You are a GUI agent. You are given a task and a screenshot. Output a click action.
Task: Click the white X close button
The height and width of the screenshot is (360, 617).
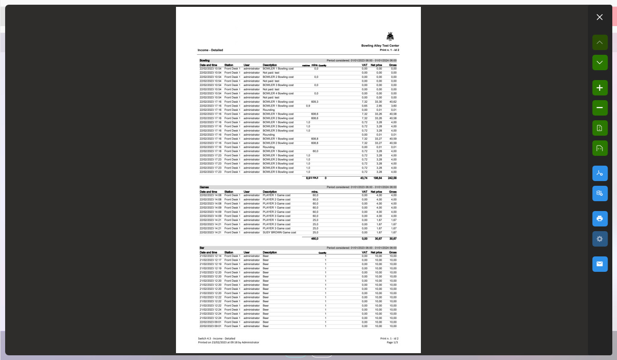click(x=599, y=17)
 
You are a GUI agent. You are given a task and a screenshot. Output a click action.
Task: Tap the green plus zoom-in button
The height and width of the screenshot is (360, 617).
click(x=599, y=88)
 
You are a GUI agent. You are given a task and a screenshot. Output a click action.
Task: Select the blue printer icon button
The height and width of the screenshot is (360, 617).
click(x=599, y=219)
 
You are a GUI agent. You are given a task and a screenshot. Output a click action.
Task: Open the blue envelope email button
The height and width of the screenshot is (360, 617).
click(x=599, y=264)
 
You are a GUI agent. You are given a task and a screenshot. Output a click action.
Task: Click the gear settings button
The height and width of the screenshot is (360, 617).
click(x=599, y=239)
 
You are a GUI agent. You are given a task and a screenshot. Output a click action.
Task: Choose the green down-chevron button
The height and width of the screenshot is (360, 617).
click(x=599, y=62)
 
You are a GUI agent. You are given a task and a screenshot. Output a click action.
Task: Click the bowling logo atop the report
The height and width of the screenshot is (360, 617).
click(x=390, y=37)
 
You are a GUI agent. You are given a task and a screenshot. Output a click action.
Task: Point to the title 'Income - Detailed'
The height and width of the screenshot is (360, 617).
click(x=210, y=50)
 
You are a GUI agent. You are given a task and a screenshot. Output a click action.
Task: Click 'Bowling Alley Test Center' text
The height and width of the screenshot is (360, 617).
click(x=380, y=45)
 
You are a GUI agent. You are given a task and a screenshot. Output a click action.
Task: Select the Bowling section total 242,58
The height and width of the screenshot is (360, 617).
click(x=392, y=178)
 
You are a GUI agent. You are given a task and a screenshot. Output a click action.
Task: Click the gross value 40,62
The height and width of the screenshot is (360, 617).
click(x=393, y=102)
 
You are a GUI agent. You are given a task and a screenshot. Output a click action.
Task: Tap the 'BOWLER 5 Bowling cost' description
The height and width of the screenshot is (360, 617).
click(x=278, y=172)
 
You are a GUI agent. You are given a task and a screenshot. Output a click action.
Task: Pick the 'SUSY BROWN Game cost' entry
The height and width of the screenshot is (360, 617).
click(x=279, y=232)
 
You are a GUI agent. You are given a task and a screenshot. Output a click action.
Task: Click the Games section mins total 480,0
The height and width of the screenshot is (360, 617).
click(x=314, y=238)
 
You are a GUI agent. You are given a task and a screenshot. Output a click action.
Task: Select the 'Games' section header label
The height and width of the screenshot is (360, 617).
click(x=204, y=187)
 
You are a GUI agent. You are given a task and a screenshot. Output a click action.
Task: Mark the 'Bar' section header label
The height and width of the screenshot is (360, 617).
click(x=202, y=248)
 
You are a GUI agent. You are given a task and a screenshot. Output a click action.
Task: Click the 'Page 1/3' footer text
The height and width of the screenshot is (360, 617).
click(x=392, y=342)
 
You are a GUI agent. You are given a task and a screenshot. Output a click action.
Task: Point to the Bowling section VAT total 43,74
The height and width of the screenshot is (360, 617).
click(x=364, y=178)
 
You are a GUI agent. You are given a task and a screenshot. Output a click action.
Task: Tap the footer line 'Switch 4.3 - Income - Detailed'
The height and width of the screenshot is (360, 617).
click(x=216, y=339)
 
